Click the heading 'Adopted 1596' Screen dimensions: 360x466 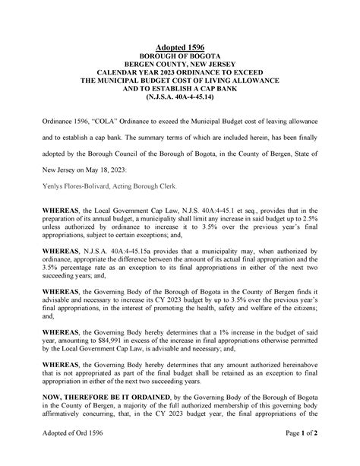click(x=180, y=47)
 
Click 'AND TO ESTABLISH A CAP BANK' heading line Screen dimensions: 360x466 click(x=180, y=89)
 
